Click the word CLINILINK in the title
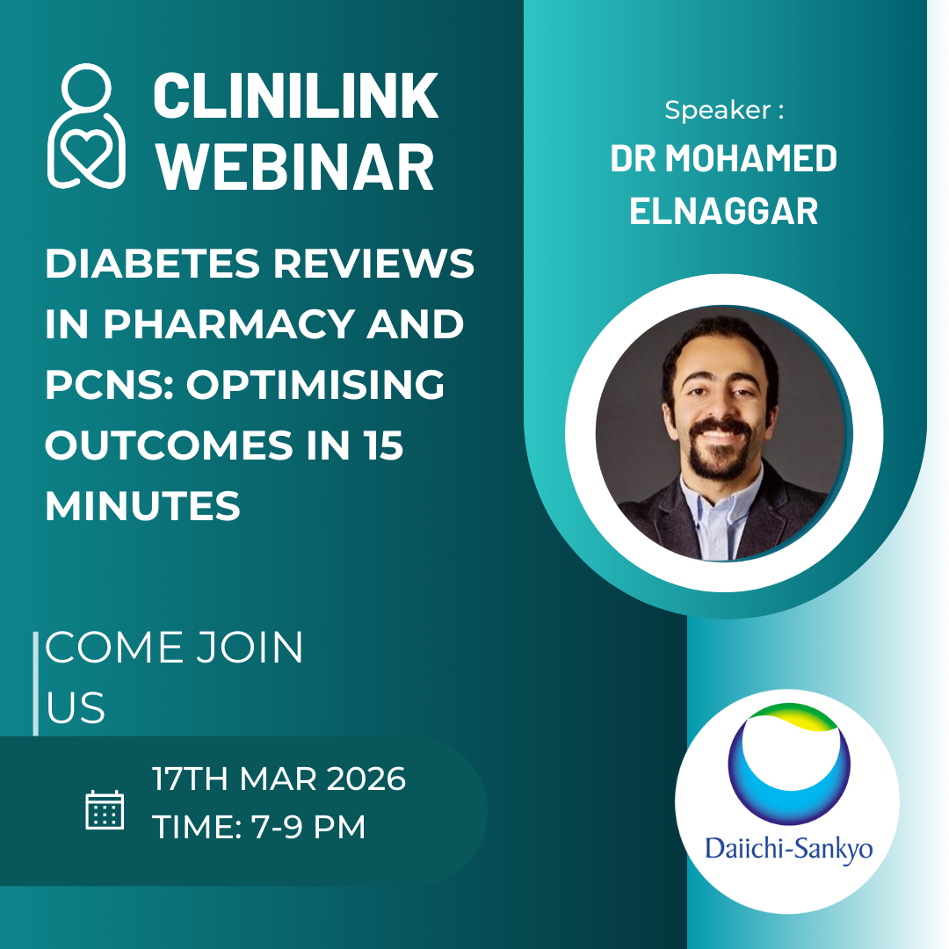click(295, 97)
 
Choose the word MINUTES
click(142, 506)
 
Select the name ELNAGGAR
click(724, 212)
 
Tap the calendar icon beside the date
click(105, 809)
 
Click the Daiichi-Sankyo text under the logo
click(788, 850)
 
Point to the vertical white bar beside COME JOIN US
click(35, 683)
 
